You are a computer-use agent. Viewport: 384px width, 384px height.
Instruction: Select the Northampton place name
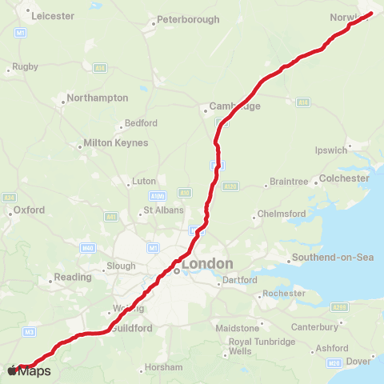click(98, 98)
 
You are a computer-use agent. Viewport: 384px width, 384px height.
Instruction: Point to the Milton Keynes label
click(116, 143)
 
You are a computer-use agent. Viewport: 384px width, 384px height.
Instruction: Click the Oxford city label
click(28, 210)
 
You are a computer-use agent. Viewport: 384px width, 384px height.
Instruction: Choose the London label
click(207, 264)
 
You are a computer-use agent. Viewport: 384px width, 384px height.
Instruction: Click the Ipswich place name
click(331, 150)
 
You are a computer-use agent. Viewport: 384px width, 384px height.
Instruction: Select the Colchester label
click(343, 178)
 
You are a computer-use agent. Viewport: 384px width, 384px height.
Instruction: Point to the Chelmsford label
click(281, 214)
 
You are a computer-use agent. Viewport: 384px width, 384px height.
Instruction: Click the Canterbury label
click(314, 326)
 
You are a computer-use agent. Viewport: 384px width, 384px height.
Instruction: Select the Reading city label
click(69, 278)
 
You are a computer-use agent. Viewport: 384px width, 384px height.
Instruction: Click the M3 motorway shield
click(30, 331)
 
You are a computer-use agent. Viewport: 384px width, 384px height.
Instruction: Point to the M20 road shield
click(335, 363)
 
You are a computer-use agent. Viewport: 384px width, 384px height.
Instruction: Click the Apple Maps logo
click(30, 371)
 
